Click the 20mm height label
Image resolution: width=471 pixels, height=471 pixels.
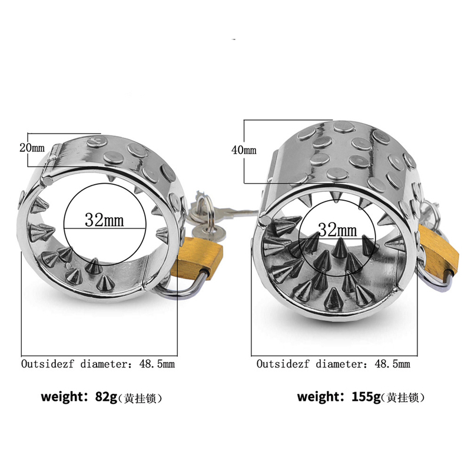click(32, 148)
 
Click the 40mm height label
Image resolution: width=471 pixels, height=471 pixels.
click(244, 150)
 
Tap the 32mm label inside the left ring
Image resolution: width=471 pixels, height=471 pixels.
click(104, 220)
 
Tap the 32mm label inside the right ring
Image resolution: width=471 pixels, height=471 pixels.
click(337, 230)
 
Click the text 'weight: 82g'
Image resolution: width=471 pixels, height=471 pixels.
click(79, 397)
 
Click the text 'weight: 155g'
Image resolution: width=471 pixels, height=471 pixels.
click(339, 396)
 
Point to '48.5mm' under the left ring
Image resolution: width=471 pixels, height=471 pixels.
click(157, 364)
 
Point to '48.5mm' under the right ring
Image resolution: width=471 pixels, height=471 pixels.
click(392, 364)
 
